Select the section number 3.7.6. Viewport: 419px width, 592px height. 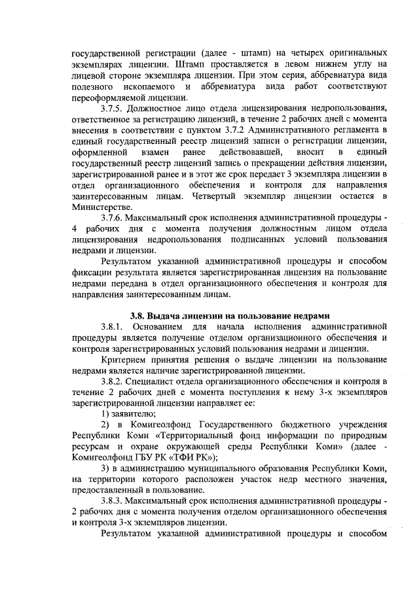(x=115, y=217)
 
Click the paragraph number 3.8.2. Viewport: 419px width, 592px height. (x=115, y=380)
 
